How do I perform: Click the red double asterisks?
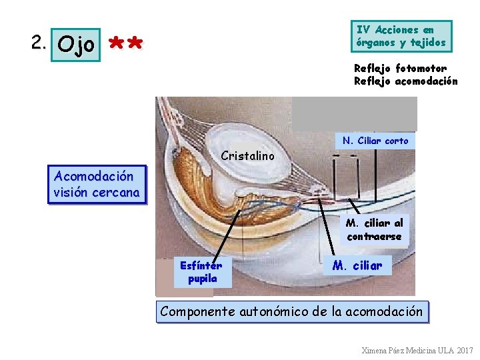[125, 45]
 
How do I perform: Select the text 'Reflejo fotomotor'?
[400, 68]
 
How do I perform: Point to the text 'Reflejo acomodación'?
[405, 81]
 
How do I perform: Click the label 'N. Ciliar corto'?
[375, 141]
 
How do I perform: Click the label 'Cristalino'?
[247, 156]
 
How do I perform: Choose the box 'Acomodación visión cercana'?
[97, 185]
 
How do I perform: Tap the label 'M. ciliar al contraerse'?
[374, 229]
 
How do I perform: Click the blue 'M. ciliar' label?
[357, 266]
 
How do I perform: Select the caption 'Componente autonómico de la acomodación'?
[291, 311]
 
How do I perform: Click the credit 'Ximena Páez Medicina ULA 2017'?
[417, 350]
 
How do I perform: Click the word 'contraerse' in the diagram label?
[374, 237]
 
